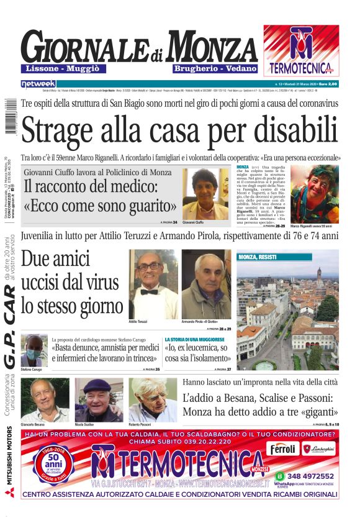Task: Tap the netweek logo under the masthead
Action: click(38, 83)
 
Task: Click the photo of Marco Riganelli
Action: click(314, 193)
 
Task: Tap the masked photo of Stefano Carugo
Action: click(34, 351)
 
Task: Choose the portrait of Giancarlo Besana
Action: click(45, 400)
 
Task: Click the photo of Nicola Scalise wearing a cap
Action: click(99, 400)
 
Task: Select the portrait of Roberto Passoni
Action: click(153, 400)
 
